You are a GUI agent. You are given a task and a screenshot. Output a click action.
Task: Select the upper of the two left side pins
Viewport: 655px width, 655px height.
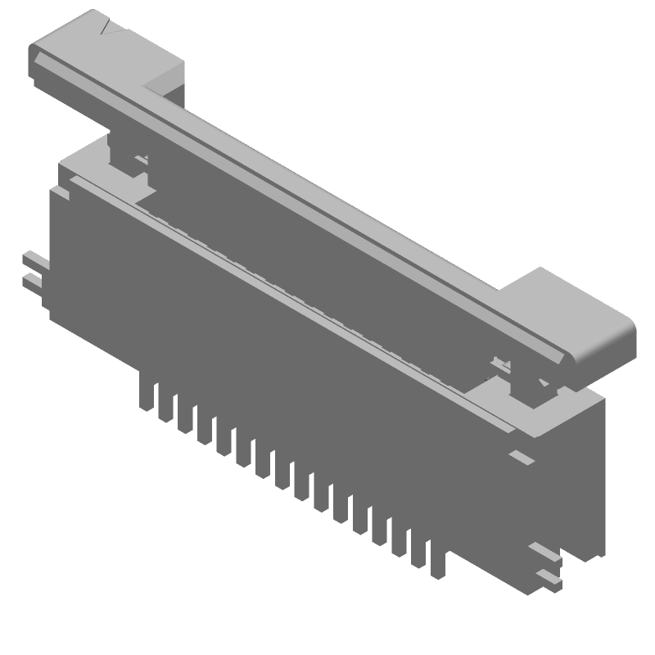[x=34, y=260]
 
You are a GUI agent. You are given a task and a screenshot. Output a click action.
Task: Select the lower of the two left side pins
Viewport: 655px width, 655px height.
[x=32, y=282]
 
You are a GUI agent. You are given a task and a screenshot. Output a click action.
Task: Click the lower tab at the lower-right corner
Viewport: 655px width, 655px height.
[x=549, y=579]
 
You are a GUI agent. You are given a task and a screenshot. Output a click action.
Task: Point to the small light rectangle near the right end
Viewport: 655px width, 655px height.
[x=521, y=457]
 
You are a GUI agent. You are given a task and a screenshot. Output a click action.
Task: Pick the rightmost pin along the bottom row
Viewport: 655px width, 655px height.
[x=438, y=561]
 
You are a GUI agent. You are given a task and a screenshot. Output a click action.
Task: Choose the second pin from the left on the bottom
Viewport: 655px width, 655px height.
[x=167, y=404]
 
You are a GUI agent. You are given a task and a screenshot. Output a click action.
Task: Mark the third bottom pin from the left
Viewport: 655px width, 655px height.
[x=186, y=415]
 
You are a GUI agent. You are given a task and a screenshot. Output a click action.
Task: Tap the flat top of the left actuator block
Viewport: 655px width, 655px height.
[x=98, y=37]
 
